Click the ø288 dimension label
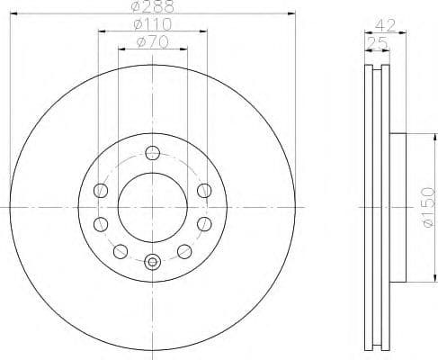(151, 8)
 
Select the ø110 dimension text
(151, 24)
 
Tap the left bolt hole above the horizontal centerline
(100, 191)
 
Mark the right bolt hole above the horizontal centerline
(203, 191)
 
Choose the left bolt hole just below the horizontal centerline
(100, 222)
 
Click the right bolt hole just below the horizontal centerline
(203, 222)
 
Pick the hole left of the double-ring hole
(120, 250)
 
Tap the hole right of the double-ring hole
(183, 250)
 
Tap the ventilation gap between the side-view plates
(378, 206)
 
